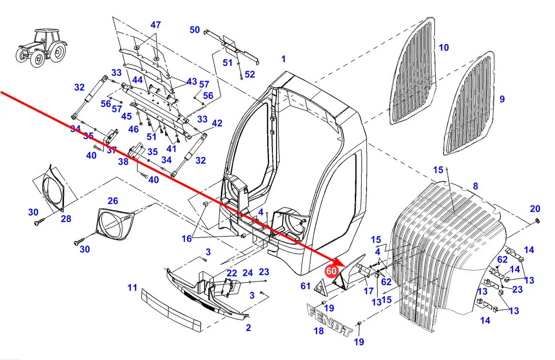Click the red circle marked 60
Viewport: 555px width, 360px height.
coord(331,271)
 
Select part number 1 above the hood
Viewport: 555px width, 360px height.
coord(283,59)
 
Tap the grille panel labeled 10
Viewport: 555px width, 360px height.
coord(415,71)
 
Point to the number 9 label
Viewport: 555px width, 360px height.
coord(501,99)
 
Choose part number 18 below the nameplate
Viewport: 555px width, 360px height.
coord(319,331)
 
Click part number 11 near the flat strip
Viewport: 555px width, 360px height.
coord(132,287)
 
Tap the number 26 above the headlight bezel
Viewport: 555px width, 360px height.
coord(112,201)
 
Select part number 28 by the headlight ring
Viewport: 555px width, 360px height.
coord(66,219)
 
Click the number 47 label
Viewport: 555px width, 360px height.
coord(156,25)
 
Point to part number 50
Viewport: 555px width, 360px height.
coord(195,30)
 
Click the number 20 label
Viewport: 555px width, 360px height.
coord(535,209)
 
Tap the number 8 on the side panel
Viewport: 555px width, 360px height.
coord(475,186)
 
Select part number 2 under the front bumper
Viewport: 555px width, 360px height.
coord(248,328)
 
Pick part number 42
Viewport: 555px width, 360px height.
coord(217,124)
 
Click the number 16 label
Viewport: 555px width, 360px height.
coord(186,238)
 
